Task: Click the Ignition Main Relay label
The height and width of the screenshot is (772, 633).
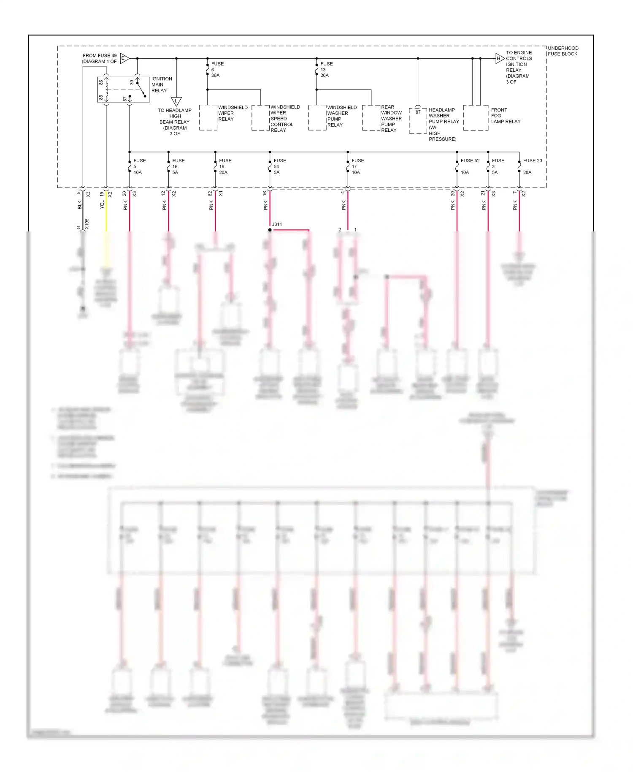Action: [161, 84]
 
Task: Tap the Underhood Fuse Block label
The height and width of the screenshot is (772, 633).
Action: [563, 51]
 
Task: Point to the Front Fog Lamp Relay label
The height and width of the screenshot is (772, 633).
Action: [505, 116]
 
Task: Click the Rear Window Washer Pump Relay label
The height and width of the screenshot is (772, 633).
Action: [391, 119]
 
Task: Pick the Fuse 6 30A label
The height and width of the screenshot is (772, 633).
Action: [217, 70]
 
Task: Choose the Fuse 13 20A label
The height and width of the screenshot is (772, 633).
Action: [326, 70]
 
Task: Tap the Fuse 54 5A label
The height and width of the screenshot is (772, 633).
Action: [279, 166]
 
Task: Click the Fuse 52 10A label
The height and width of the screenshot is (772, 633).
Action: [469, 166]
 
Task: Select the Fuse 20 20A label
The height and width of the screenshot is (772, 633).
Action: [532, 166]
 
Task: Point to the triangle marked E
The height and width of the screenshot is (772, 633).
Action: [124, 58]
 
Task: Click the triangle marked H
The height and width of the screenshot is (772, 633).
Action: [499, 58]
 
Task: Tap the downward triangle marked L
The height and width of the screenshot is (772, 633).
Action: [176, 101]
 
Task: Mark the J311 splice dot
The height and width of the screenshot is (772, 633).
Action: [270, 230]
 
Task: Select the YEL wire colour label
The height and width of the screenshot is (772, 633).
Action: [102, 205]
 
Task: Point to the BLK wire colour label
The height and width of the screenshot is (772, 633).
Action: [80, 205]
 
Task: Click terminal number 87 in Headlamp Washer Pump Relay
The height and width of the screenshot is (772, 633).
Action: [418, 112]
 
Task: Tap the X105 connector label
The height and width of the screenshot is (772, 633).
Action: [87, 224]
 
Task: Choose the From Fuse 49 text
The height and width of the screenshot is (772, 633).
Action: [100, 56]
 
